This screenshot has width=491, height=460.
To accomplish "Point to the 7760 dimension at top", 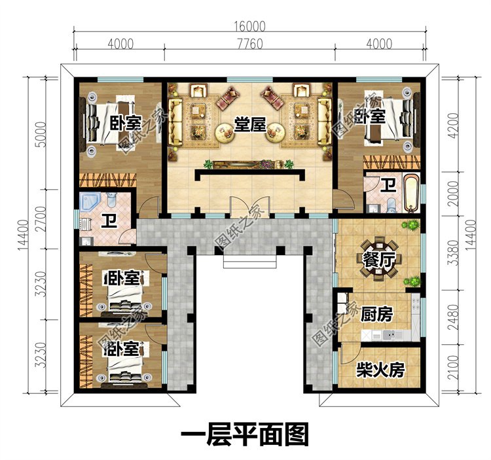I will point(249,44).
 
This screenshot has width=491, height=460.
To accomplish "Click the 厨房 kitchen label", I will point(376,315).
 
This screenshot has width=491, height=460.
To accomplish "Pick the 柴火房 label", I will point(380,370).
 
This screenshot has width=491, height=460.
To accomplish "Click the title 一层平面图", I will point(244,433).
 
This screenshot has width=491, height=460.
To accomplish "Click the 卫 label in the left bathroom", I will point(108,222).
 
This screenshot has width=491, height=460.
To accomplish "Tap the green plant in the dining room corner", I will point(411,226).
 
